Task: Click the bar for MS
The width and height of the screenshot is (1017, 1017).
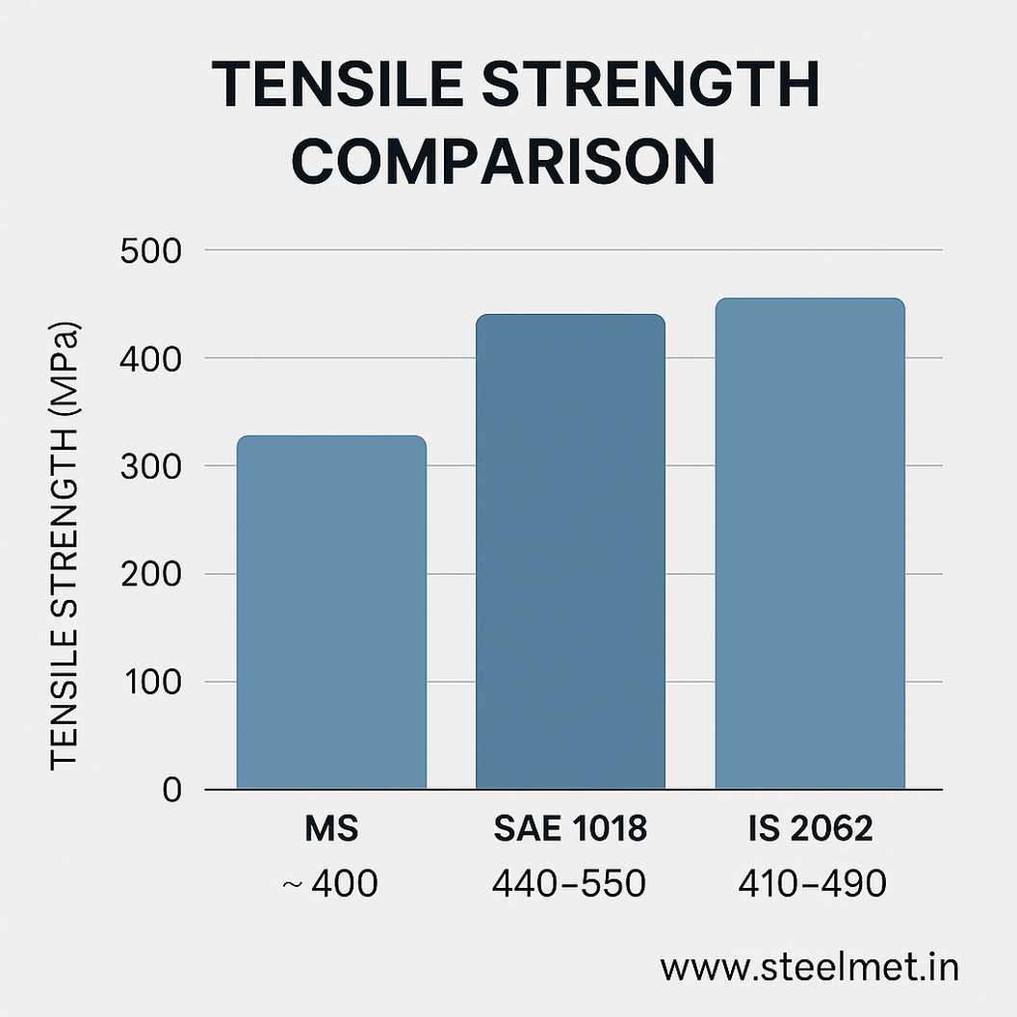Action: [x=331, y=613]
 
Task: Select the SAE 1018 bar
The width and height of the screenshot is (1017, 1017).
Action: [x=570, y=552]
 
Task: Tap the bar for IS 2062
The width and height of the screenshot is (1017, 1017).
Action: [x=809, y=544]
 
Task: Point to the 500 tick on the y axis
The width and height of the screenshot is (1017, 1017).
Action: [x=151, y=250]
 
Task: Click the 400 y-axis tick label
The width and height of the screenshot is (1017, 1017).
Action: [x=151, y=358]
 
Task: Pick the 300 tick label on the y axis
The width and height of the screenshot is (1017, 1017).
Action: [x=151, y=466]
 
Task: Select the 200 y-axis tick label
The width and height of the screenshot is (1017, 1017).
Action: [x=151, y=574]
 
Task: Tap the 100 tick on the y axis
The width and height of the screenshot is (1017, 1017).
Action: [x=151, y=682]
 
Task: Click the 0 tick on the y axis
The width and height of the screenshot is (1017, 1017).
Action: [x=172, y=790]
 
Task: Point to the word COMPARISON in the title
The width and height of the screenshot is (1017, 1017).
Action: [x=503, y=162]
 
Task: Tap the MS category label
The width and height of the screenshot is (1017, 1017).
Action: [x=331, y=829]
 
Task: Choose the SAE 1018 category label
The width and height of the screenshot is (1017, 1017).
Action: [x=570, y=829]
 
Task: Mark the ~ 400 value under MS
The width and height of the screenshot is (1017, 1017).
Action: [x=331, y=882]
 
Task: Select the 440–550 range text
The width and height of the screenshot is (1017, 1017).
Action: [x=569, y=882]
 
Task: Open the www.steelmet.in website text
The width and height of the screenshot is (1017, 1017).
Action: [x=809, y=968]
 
